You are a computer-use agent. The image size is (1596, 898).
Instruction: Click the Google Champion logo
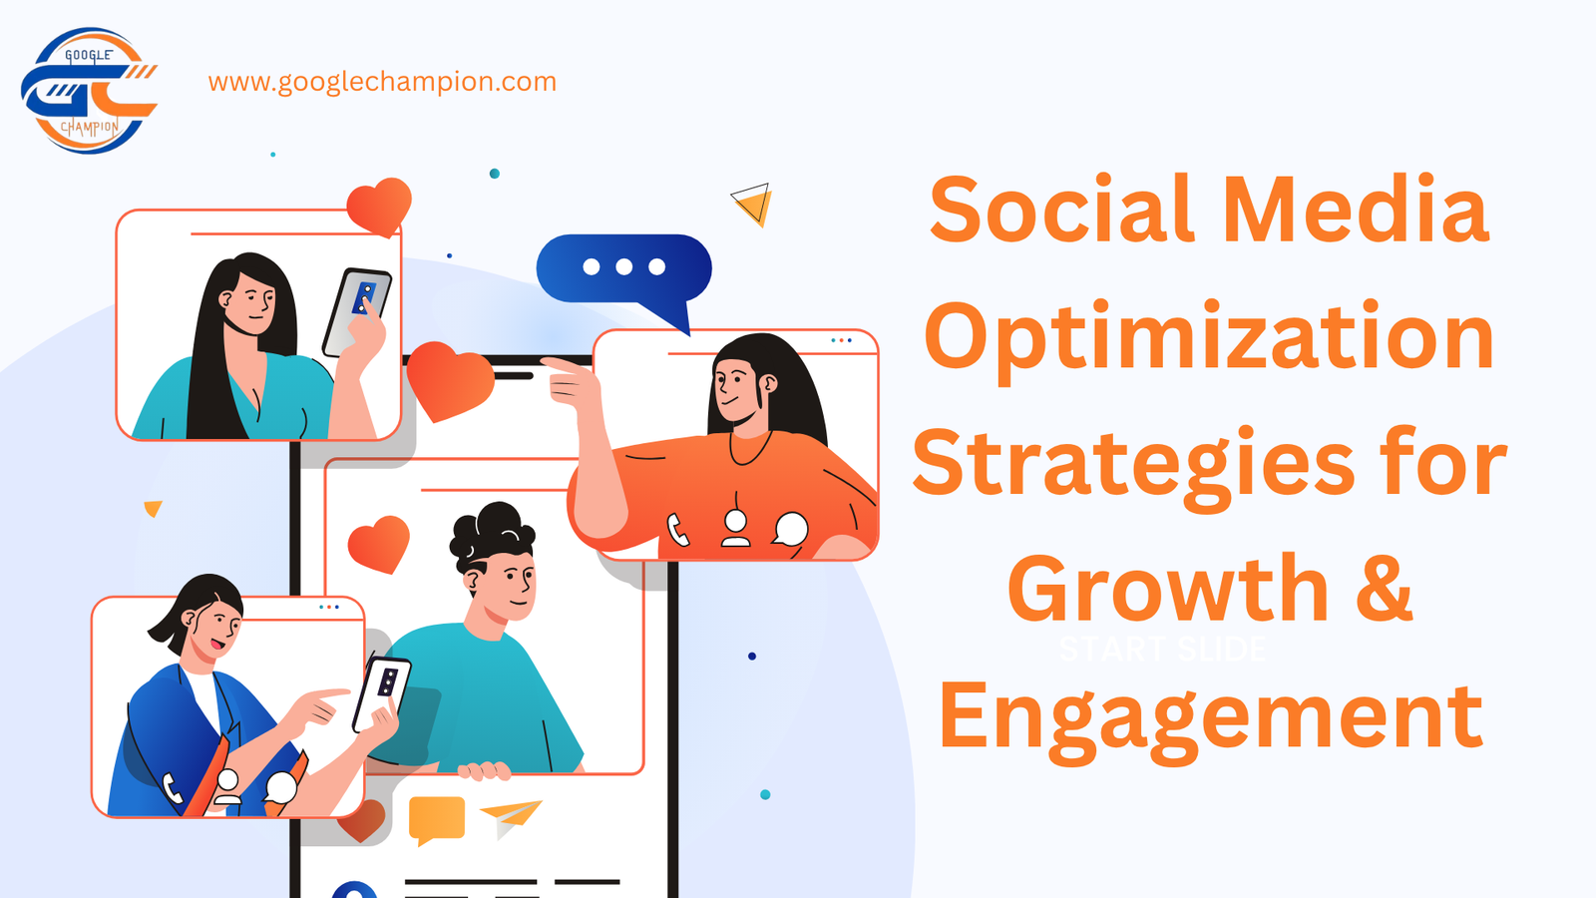(x=89, y=91)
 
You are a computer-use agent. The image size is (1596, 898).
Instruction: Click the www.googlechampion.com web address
(x=382, y=82)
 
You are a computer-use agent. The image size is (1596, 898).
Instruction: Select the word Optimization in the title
(x=1209, y=337)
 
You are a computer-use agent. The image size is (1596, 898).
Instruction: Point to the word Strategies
(x=1133, y=464)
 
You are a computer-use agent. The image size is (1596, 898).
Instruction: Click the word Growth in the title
(x=1168, y=590)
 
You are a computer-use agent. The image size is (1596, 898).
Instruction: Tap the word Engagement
(x=1210, y=716)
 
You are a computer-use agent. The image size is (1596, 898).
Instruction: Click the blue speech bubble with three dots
(x=624, y=270)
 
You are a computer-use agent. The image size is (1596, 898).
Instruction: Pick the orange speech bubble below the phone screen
(x=437, y=819)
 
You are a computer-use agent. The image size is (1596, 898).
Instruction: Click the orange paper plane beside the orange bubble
(x=511, y=816)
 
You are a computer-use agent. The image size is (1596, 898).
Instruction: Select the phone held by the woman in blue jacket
(x=383, y=689)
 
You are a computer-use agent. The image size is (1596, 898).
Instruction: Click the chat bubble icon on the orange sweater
(x=791, y=529)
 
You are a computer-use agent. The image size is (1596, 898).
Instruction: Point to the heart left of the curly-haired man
(x=379, y=543)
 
